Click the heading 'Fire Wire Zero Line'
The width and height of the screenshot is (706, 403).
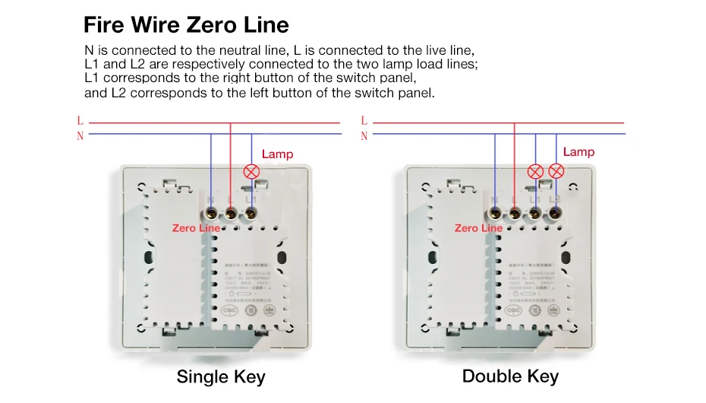(x=186, y=25)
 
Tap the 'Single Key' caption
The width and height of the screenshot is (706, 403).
(x=221, y=376)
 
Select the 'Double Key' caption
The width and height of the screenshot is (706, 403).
(x=510, y=376)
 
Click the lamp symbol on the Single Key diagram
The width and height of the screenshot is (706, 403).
(x=251, y=171)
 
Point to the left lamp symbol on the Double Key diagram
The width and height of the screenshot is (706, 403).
(x=535, y=171)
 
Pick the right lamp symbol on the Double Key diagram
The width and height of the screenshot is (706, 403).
(x=556, y=171)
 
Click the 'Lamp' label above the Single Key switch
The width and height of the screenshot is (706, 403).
(x=277, y=154)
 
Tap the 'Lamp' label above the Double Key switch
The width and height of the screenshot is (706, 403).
(x=578, y=152)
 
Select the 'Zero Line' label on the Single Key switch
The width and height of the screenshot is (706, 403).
(x=196, y=228)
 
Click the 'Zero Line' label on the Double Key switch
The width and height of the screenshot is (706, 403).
(x=478, y=228)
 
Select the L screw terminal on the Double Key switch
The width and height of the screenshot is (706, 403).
(x=515, y=213)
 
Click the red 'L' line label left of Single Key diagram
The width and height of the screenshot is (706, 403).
(x=80, y=121)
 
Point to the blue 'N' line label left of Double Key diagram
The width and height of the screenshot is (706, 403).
(x=364, y=136)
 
